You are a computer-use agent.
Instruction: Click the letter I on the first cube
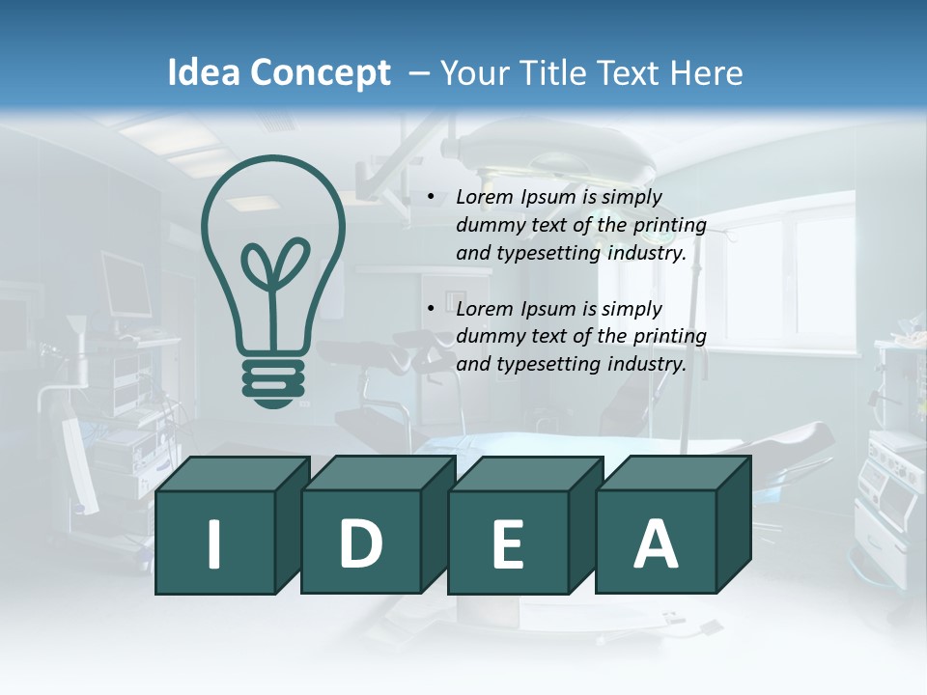(x=214, y=544)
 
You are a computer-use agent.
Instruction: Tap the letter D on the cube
(x=361, y=544)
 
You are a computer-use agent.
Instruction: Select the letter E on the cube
(x=508, y=544)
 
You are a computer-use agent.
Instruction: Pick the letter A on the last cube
(x=655, y=544)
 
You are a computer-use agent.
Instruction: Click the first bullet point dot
(x=431, y=197)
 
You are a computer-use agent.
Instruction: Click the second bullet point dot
(x=431, y=309)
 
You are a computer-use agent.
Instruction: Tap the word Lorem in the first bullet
(x=486, y=197)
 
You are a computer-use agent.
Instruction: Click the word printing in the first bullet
(x=671, y=226)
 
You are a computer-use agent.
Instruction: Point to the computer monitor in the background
(x=126, y=285)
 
